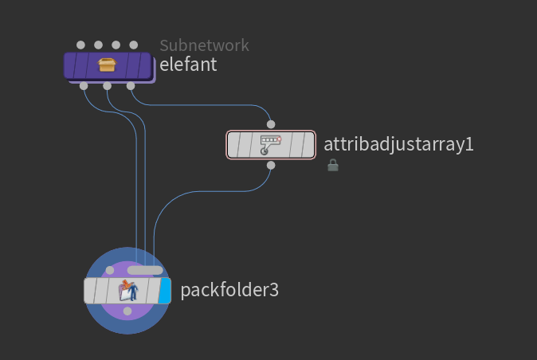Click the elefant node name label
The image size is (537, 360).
pyautogui.click(x=188, y=65)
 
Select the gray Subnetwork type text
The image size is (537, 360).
pyautogui.click(x=204, y=45)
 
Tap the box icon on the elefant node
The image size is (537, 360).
pyautogui.click(x=107, y=65)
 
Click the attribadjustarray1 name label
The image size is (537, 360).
pyautogui.click(x=398, y=144)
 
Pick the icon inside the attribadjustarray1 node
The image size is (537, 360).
pyautogui.click(x=271, y=145)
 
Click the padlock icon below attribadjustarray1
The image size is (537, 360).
pyautogui.click(x=333, y=165)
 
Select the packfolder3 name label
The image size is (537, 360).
pyautogui.click(x=229, y=290)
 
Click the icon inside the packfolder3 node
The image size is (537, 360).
pyautogui.click(x=128, y=291)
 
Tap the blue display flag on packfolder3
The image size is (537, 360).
pyautogui.click(x=165, y=291)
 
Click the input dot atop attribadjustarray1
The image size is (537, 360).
pyautogui.click(x=271, y=124)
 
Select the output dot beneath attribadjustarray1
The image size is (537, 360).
pyautogui.click(x=271, y=166)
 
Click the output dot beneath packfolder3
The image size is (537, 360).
pyautogui.click(x=127, y=311)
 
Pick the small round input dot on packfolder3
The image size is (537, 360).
pyautogui.click(x=110, y=270)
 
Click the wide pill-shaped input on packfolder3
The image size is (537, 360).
pyautogui.click(x=145, y=270)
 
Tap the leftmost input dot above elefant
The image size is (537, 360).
pyautogui.click(x=80, y=45)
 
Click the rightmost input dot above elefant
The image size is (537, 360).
pyautogui.click(x=134, y=45)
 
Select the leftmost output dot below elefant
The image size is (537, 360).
pyautogui.click(x=84, y=86)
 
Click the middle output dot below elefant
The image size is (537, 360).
pyautogui.click(x=108, y=86)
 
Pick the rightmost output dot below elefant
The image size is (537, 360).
pyautogui.click(x=131, y=86)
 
